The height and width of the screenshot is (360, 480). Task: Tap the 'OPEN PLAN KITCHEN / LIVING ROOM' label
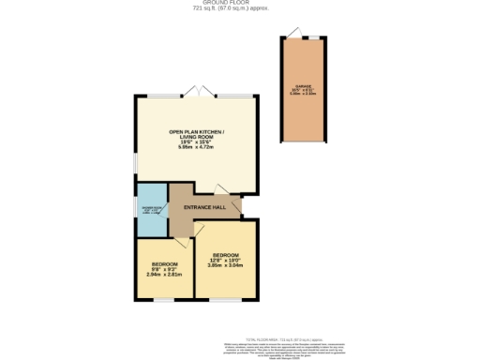[196, 134]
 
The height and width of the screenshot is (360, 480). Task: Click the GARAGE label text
[303, 87]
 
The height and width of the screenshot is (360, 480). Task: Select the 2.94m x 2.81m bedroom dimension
[164, 276]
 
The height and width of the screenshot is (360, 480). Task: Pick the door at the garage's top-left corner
[292, 35]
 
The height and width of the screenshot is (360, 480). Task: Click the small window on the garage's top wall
[314, 38]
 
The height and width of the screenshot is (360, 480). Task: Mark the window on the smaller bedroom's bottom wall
[165, 300]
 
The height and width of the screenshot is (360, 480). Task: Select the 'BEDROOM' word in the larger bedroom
[226, 255]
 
